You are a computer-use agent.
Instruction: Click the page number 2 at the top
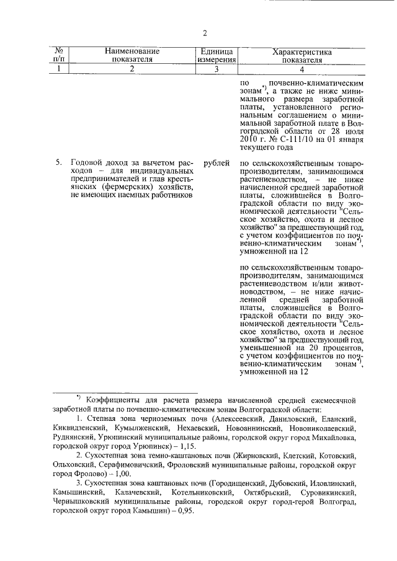[204, 33]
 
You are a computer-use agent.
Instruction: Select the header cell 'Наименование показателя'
[132, 55]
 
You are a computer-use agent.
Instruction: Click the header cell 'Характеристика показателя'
[301, 55]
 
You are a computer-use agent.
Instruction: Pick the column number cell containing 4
[301, 69]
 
